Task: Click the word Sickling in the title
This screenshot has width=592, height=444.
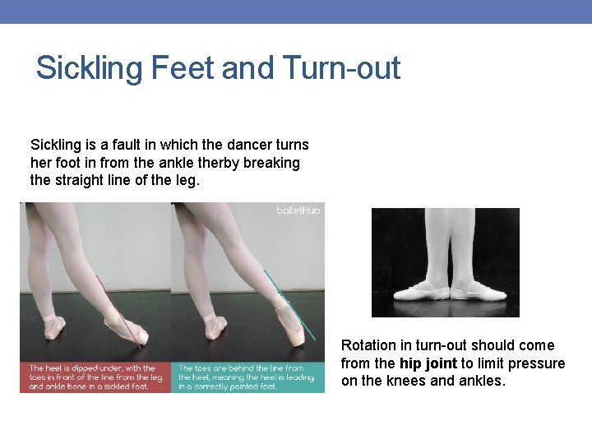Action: coord(90,67)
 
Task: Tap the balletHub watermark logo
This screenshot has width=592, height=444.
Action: coord(298,211)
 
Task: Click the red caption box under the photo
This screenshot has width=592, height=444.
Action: coord(95,377)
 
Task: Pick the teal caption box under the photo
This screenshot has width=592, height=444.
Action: coord(247,377)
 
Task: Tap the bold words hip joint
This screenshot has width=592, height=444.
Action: coord(428,363)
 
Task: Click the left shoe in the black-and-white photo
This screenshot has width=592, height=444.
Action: coord(421,291)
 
